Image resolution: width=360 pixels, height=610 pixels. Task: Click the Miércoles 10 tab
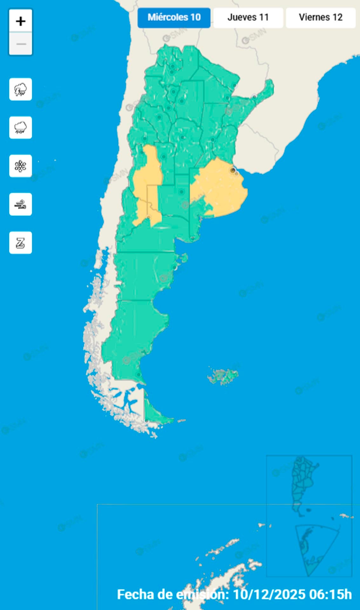(x=174, y=17)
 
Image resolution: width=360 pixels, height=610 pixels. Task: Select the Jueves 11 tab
(x=248, y=17)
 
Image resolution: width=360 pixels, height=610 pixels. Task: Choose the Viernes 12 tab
(x=321, y=17)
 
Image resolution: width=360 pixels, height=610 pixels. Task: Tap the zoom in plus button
(x=21, y=21)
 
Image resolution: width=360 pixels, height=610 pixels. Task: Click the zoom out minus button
(x=21, y=44)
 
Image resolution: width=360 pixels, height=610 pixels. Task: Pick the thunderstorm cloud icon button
(x=21, y=89)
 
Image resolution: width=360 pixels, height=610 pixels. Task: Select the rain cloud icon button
(x=21, y=128)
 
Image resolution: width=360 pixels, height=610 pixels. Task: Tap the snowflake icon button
(x=21, y=166)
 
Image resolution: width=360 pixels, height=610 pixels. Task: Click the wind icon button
(x=21, y=204)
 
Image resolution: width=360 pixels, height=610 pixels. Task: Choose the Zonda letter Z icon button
(x=21, y=243)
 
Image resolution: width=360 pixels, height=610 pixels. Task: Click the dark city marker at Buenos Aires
(x=233, y=171)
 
